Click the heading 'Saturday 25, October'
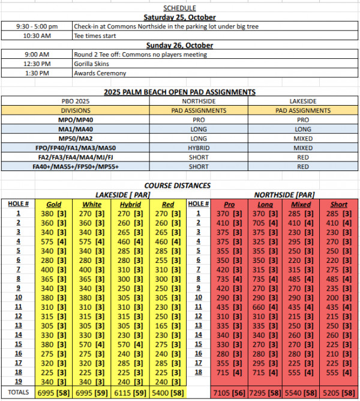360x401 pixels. pyautogui.click(x=180, y=17)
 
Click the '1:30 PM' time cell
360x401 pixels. pyautogui.click(x=36, y=73)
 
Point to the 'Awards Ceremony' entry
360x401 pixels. pyautogui.click(x=100, y=73)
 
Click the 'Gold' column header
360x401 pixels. pyautogui.click(x=54, y=204)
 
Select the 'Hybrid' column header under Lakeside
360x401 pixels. pyautogui.click(x=131, y=204)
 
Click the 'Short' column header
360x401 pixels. pyautogui.click(x=339, y=204)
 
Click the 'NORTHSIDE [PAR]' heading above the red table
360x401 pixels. pyautogui.click(x=284, y=194)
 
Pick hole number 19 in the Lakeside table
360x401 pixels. pyautogui.click(x=18, y=381)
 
